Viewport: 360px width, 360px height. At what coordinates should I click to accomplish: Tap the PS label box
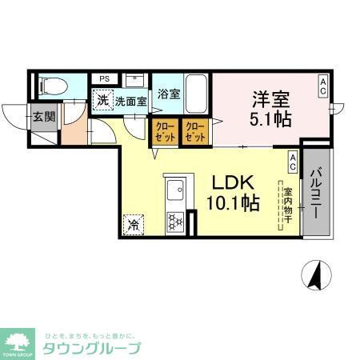coord(104,78)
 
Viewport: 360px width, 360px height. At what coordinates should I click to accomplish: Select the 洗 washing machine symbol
coord(102,101)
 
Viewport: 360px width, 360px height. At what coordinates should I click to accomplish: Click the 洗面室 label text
coord(130,102)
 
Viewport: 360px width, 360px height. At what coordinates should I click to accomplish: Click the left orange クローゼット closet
coord(163,131)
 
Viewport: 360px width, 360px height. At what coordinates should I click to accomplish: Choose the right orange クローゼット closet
coord(194,131)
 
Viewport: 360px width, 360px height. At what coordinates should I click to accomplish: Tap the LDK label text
coord(232,182)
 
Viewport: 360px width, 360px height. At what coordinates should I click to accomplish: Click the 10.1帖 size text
coord(232,203)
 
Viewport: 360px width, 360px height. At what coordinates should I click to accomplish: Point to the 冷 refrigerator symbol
coord(133,225)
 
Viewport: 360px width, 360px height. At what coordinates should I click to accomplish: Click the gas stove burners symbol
coord(175,222)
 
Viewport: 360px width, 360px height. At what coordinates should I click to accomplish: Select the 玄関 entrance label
coord(43,116)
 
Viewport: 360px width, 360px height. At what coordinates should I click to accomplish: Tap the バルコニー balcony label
coord(316,193)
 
